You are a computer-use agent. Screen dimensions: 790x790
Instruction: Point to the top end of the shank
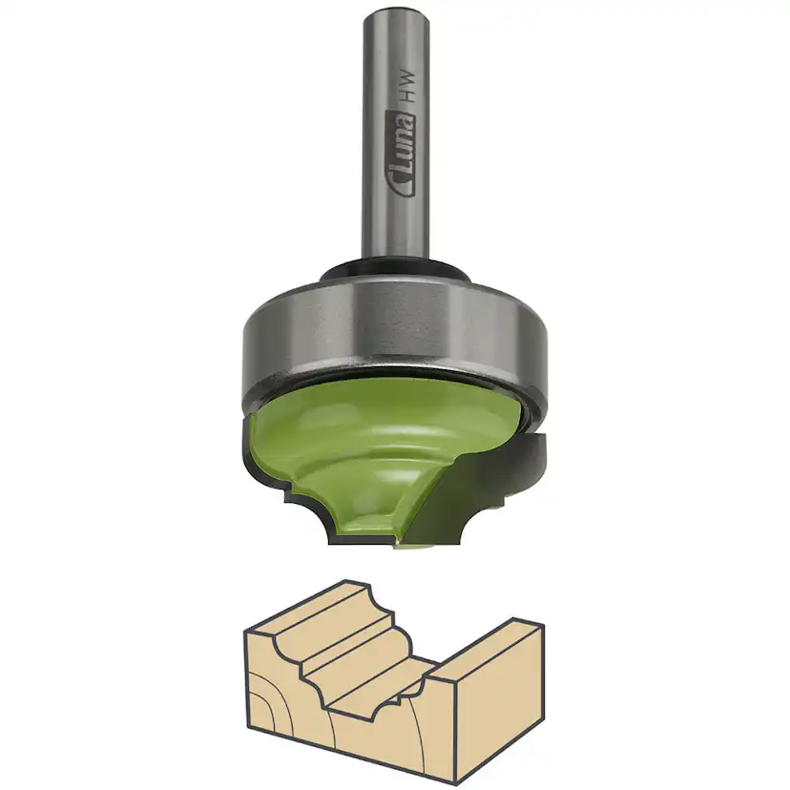click(394, 13)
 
